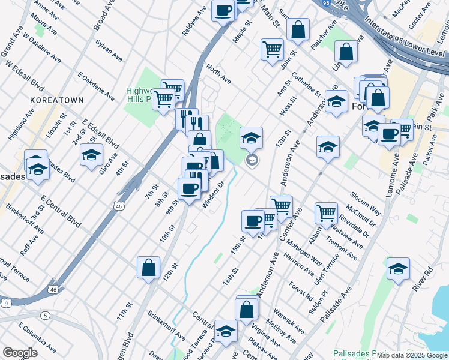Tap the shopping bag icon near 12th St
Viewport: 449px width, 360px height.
148,268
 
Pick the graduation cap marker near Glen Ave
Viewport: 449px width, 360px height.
91,155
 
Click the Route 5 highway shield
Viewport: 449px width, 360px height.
45,315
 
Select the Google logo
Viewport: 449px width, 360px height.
19,353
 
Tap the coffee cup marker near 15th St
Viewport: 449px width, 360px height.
253,221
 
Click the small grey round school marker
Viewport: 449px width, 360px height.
252,160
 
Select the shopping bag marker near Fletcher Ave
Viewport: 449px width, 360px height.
298,29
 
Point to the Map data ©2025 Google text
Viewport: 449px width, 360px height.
412,355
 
